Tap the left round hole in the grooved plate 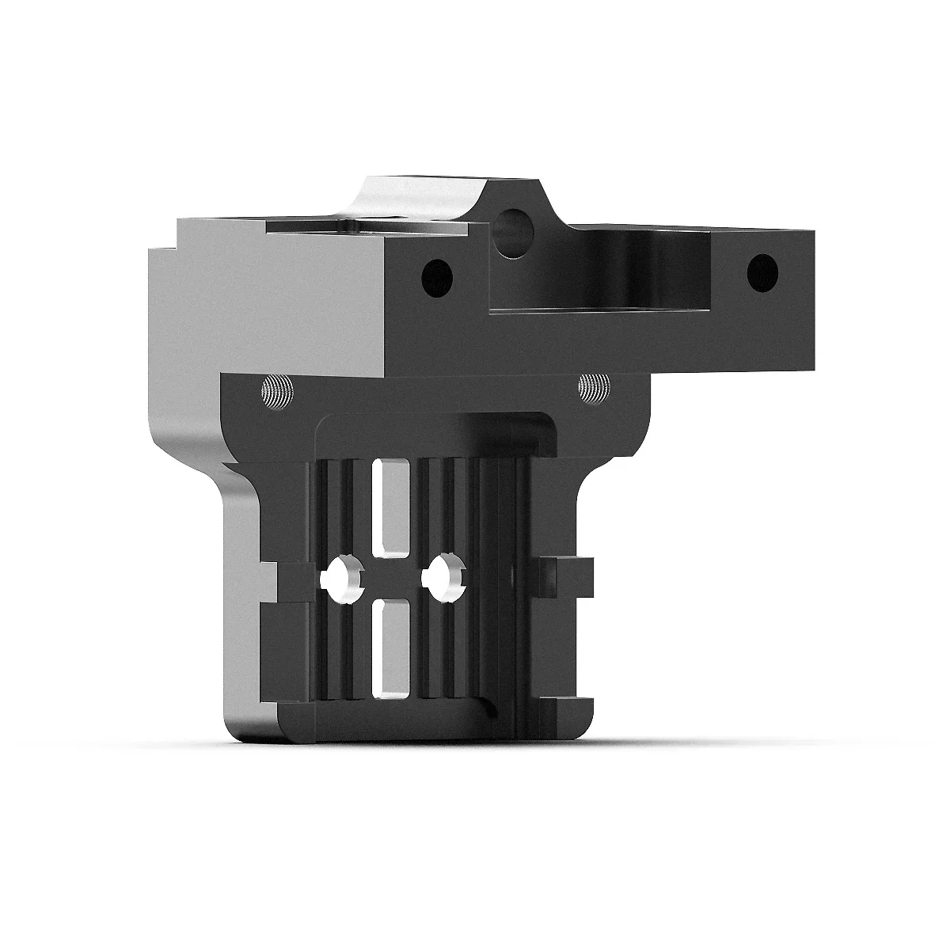[342, 578]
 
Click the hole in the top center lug [515, 222]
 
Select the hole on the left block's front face [436, 276]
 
